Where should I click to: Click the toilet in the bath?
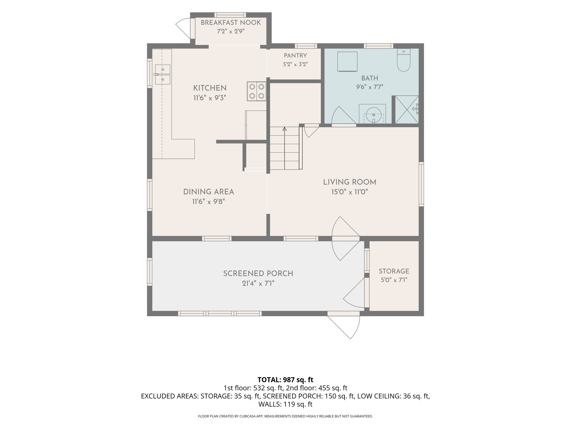[404, 60]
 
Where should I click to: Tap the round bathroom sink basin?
[373, 115]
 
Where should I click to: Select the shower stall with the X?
[407, 109]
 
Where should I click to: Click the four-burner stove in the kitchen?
[257, 91]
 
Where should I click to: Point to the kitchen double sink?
[163, 74]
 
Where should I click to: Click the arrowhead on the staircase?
[285, 129]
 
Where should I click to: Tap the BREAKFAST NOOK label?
[231, 23]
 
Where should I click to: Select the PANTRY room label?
[295, 56]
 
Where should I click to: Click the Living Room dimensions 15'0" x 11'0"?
[349, 192]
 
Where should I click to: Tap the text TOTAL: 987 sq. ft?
[285, 380]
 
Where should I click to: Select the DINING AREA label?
[209, 192]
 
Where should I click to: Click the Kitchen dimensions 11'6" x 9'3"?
[210, 98]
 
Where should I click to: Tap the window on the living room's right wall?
[421, 184]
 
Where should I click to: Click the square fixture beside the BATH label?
[347, 62]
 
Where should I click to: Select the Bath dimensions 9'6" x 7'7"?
[370, 87]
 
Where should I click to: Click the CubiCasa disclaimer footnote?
[285, 416]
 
